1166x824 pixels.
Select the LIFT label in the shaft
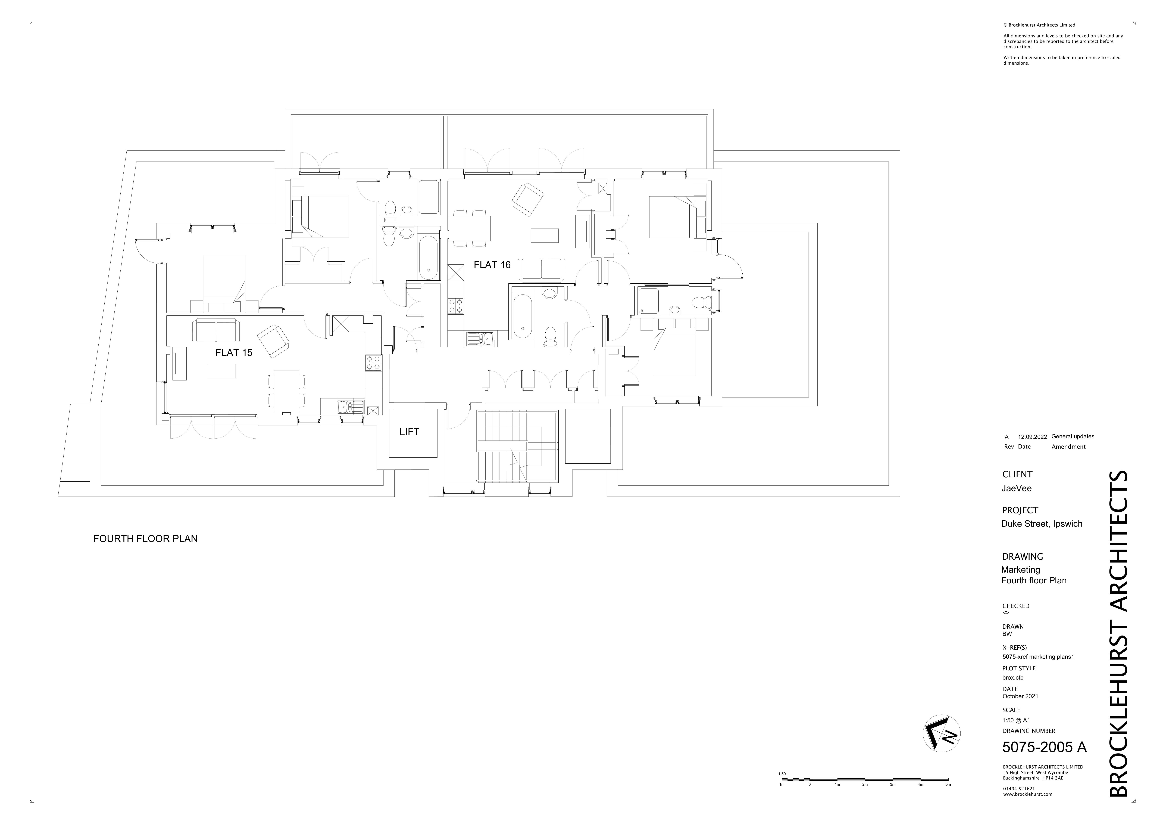click(409, 432)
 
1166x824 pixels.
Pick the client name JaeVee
click(1016, 488)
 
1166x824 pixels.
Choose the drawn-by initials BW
click(1007, 634)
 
